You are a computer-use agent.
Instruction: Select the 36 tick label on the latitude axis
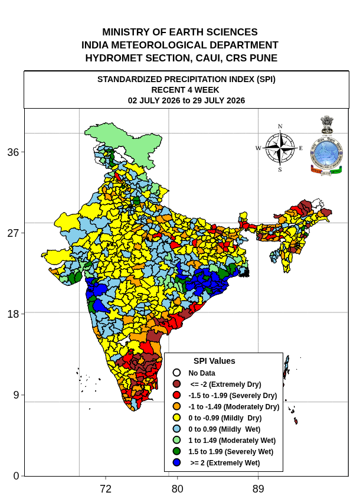click(13, 152)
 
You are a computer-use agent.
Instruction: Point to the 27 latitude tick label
click(13, 233)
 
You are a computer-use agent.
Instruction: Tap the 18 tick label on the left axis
click(13, 314)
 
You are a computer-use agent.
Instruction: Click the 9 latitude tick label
click(17, 395)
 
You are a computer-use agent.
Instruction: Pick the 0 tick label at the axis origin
click(17, 476)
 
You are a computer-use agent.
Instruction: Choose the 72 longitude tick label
click(106, 489)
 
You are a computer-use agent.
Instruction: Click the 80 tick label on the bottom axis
click(177, 489)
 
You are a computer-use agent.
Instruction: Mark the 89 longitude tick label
click(258, 489)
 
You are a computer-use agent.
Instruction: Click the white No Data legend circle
click(176, 373)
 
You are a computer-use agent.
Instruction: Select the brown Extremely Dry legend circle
click(176, 384)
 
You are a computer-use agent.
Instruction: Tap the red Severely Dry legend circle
click(176, 395)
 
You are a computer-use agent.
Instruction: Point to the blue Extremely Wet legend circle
click(176, 462)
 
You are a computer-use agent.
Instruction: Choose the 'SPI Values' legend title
click(214, 361)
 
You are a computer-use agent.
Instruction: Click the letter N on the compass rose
click(280, 126)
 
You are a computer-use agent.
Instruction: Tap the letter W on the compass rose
click(258, 148)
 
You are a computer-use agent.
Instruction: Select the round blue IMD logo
click(326, 153)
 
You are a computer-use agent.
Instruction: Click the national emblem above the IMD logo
click(327, 125)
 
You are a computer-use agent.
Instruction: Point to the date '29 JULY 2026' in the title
click(218, 100)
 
